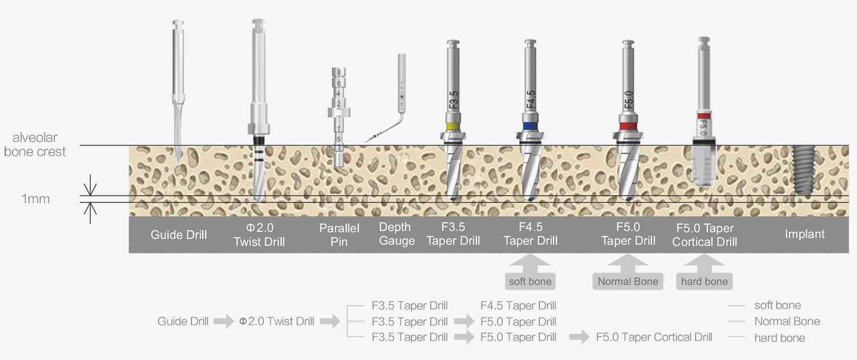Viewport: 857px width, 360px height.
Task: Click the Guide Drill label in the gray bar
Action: coord(179,235)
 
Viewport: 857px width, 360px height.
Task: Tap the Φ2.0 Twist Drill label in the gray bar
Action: coord(259,235)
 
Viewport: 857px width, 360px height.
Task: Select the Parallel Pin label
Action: coord(339,235)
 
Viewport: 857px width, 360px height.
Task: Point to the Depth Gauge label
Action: coord(397,234)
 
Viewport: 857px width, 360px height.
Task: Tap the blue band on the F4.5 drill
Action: coord(531,126)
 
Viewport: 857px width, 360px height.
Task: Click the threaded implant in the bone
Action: coord(805,169)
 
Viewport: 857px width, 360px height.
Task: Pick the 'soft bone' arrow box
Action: coord(531,281)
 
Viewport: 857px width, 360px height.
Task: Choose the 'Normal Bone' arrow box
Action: coord(627,281)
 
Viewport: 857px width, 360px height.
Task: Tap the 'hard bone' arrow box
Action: coord(704,281)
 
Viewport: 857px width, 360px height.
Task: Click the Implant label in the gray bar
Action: coord(804,234)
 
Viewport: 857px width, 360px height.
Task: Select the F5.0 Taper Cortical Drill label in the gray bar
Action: coord(704,235)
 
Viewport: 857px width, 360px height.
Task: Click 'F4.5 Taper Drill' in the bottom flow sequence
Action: coord(518,306)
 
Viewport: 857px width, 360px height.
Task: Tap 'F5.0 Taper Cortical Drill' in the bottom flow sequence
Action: coord(654,337)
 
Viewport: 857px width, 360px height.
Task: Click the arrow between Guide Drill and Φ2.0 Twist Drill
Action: coord(223,322)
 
